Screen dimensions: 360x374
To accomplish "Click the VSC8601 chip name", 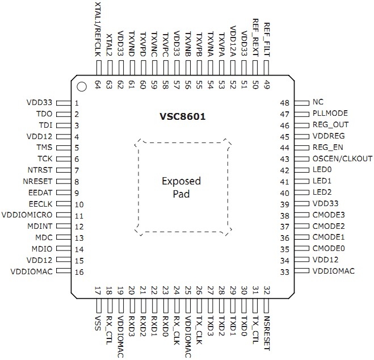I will [x=182, y=117].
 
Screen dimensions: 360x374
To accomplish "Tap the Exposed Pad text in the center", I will [x=181, y=187].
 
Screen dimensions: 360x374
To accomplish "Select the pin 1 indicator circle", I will [x=82, y=87].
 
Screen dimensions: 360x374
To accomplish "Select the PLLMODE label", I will [x=330, y=114].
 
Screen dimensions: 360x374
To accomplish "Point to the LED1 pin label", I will [x=322, y=182].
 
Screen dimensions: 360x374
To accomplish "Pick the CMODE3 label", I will [x=329, y=216].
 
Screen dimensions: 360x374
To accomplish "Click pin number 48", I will [x=285, y=103].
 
